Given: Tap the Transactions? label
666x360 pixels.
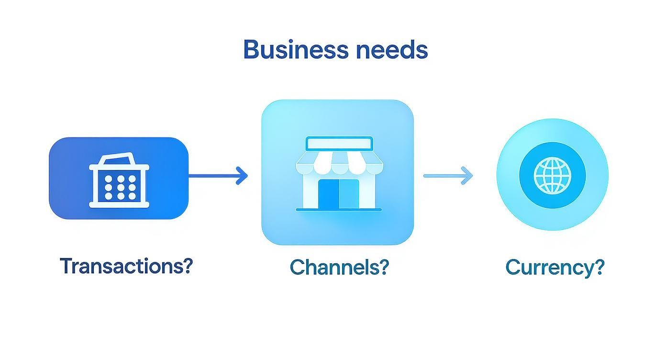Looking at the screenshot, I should coord(126,266).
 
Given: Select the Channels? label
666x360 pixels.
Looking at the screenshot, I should coord(339,267).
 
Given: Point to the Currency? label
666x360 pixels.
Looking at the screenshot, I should coord(555,267).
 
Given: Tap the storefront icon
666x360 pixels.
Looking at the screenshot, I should coord(339,174).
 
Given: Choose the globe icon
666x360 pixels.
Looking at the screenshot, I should coord(553,174).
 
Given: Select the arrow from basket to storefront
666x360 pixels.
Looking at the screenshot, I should coord(218,176).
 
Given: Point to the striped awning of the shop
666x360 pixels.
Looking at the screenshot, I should coord(339,162).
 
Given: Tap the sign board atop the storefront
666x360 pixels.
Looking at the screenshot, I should coord(339,143).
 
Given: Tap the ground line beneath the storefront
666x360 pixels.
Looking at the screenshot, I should coord(339,210).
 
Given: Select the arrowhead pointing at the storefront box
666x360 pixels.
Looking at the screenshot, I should coord(243,176).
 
